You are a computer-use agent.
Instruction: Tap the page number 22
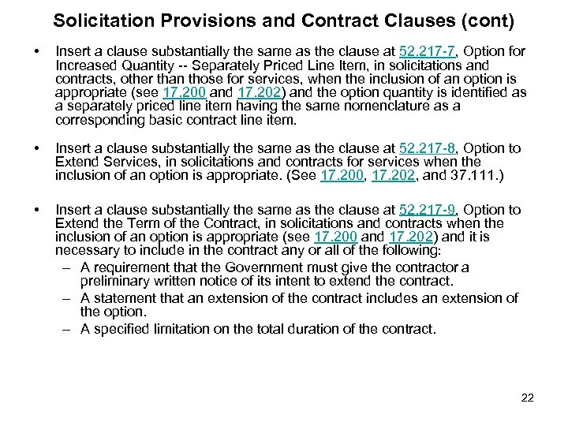(528, 398)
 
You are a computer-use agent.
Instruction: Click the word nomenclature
(372, 106)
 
